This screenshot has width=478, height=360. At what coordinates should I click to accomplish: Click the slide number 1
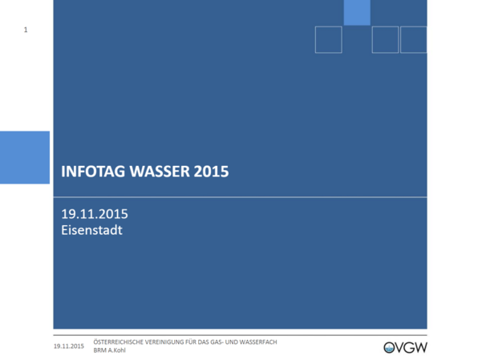[26, 30]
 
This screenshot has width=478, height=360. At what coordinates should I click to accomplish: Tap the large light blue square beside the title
[25, 158]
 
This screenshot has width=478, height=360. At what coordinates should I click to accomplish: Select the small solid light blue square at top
[357, 13]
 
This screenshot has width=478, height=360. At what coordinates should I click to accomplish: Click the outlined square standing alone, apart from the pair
[328, 39]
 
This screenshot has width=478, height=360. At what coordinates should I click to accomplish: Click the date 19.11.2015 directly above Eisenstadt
[95, 214]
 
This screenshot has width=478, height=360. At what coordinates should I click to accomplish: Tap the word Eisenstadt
[91, 230]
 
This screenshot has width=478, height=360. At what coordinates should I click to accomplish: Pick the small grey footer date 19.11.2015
[69, 346]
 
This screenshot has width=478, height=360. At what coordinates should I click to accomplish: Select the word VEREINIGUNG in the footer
[164, 342]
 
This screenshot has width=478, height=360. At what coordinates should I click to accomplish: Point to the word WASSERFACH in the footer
[258, 342]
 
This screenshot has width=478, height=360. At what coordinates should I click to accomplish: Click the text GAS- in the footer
[217, 342]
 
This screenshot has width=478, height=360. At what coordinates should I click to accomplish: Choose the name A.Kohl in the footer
[117, 350]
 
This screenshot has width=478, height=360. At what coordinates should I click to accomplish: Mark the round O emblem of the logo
[389, 348]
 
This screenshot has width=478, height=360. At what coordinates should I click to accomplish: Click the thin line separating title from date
[241, 197]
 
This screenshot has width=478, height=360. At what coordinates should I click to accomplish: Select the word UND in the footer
[231, 342]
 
